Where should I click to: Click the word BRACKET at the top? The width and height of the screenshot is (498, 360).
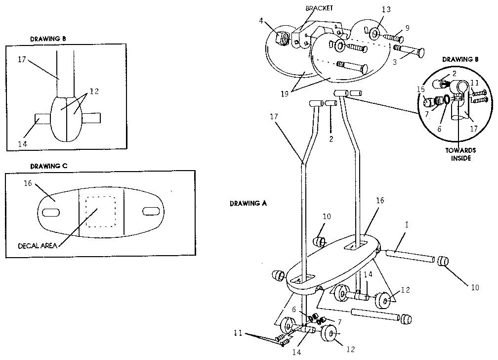[319, 8]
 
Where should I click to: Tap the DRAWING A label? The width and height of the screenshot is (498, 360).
[248, 203]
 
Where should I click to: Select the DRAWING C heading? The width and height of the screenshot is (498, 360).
[48, 166]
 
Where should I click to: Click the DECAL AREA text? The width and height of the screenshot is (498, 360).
[37, 246]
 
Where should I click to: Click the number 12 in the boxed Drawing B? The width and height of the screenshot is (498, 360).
[94, 92]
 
